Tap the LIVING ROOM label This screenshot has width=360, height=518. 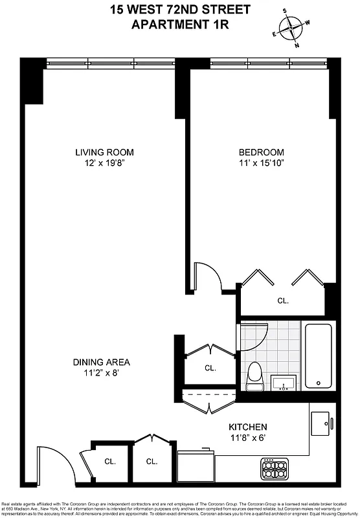[x=104, y=153]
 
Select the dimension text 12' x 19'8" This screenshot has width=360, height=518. [x=104, y=163]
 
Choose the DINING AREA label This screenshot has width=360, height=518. [x=101, y=362]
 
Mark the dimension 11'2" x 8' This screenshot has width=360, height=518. [x=101, y=373]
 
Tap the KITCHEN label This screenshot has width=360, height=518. [x=248, y=427]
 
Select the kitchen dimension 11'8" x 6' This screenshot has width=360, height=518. [x=248, y=438]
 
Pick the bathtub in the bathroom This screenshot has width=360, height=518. [x=319, y=355]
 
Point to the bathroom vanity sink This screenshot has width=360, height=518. [x=283, y=384]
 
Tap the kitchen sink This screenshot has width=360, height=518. [x=321, y=424]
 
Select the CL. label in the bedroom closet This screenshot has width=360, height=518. [x=283, y=301]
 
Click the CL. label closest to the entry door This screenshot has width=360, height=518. [x=109, y=462]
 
